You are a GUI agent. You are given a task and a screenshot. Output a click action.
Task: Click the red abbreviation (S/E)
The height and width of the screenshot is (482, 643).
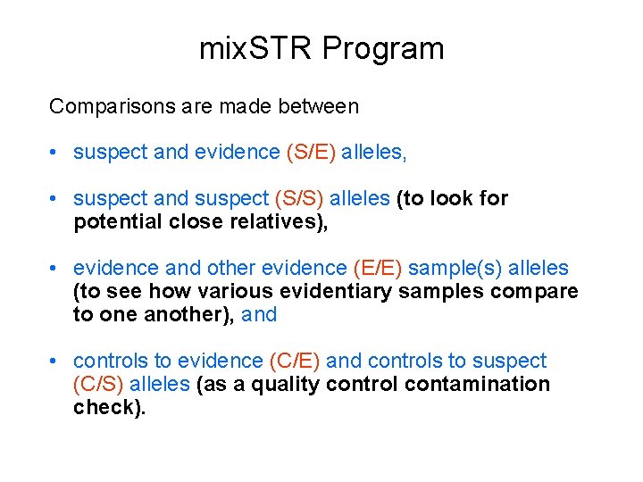(x=311, y=153)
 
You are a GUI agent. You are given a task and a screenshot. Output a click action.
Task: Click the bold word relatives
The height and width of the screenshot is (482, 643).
(x=280, y=221)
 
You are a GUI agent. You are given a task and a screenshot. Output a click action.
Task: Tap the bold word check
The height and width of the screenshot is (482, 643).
(x=108, y=407)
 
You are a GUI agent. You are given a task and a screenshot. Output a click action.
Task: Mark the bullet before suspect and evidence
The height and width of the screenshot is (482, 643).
(x=55, y=153)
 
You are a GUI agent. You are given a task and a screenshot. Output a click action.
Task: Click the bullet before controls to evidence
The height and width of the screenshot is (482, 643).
(x=55, y=361)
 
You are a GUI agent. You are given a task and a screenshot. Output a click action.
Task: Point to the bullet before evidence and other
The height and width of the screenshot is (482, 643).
(x=55, y=268)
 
